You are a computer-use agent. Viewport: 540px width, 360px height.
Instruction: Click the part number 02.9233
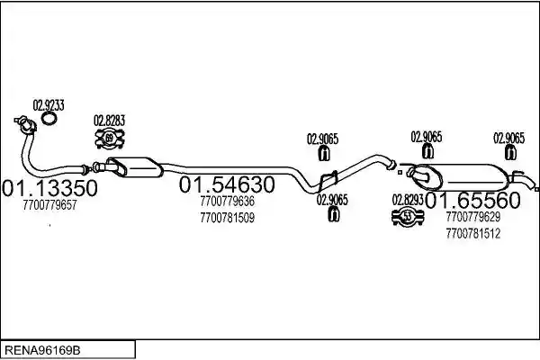[x=49, y=105]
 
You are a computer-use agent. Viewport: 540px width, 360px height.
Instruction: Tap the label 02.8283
[x=109, y=121]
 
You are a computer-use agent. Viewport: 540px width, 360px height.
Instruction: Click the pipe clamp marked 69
[x=109, y=139]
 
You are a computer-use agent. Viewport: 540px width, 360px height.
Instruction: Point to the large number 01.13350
[x=49, y=188]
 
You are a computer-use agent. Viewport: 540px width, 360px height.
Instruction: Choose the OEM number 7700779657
[x=49, y=205]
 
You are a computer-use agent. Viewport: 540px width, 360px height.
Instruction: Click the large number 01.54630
[x=227, y=184]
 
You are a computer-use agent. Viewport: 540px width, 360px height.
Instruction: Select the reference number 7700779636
[x=227, y=202]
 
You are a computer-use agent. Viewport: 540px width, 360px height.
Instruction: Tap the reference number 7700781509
[x=227, y=218]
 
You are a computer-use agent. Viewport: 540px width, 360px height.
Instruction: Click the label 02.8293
[x=408, y=200]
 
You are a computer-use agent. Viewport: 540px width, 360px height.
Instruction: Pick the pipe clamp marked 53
[x=408, y=217]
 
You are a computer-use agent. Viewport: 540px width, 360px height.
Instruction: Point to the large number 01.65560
[x=473, y=201]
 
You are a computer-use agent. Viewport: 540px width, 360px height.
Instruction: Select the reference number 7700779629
[x=472, y=217]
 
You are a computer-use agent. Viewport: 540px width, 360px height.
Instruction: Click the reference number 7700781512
[x=472, y=234]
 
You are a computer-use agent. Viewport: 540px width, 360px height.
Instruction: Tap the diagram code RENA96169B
[x=42, y=351]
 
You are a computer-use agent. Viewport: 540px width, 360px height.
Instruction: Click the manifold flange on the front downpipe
[x=25, y=124]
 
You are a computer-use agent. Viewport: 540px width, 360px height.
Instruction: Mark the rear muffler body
[x=462, y=176]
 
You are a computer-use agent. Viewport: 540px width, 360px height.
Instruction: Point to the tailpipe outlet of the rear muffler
[x=526, y=181]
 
